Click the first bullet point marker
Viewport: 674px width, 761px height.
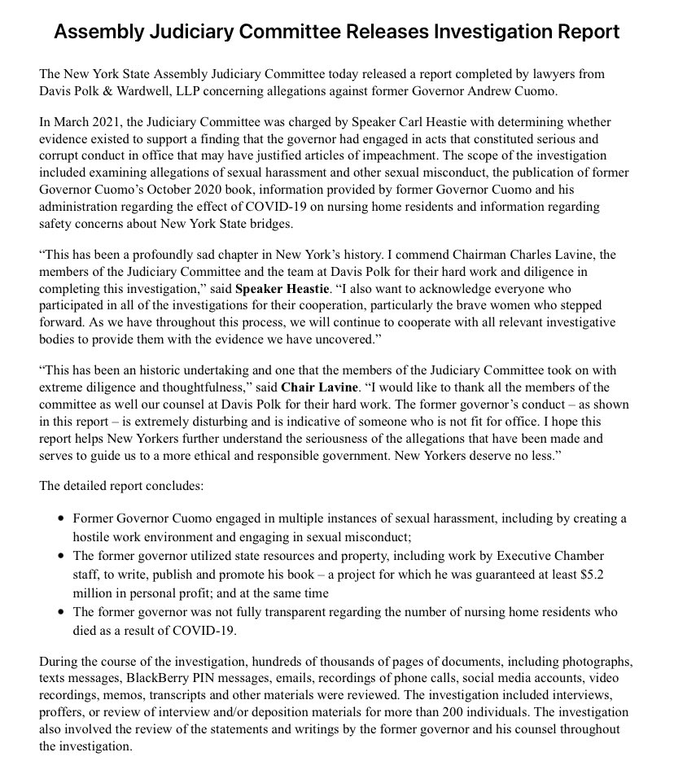point(61,518)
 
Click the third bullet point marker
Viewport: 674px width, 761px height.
point(61,611)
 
